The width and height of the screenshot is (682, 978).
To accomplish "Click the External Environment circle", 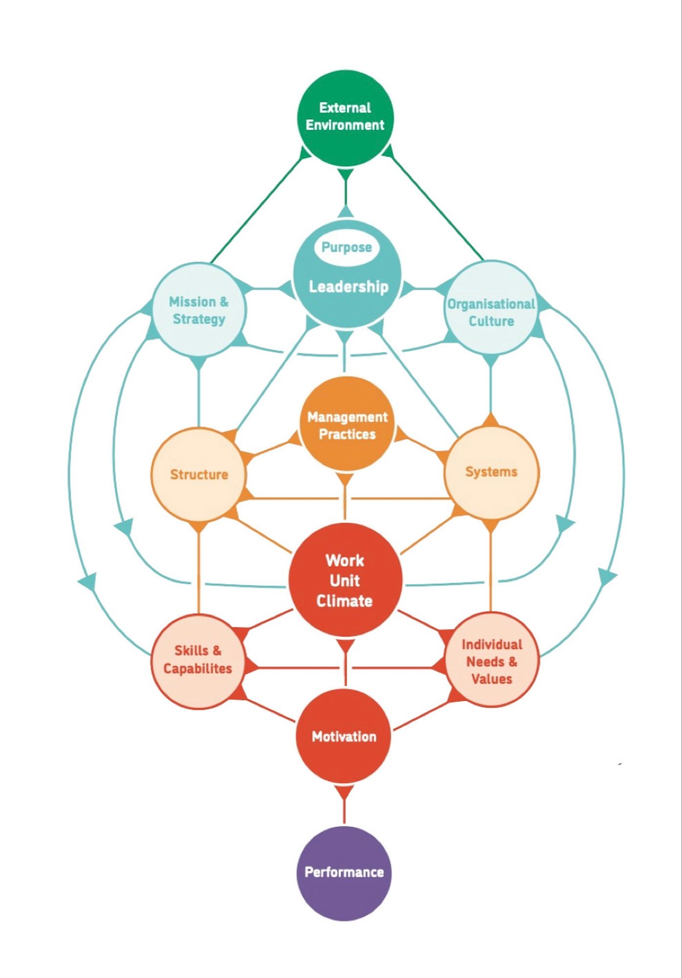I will (345, 117).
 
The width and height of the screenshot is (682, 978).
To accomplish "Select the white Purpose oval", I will (347, 247).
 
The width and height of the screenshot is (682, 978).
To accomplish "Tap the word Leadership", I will (348, 287).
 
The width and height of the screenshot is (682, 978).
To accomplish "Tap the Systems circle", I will (491, 472).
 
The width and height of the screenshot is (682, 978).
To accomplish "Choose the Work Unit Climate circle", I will (345, 580).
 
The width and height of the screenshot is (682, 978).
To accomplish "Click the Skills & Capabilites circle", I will (198, 660).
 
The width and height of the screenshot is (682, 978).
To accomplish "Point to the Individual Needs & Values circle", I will (491, 661).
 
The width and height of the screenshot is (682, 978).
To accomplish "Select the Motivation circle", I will (344, 736).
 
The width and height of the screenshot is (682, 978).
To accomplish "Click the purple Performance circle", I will (344, 872).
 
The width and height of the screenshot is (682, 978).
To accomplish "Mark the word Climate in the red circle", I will (344, 601).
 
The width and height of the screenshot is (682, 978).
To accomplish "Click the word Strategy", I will (199, 319).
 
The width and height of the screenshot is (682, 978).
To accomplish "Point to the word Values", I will (491, 679).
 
